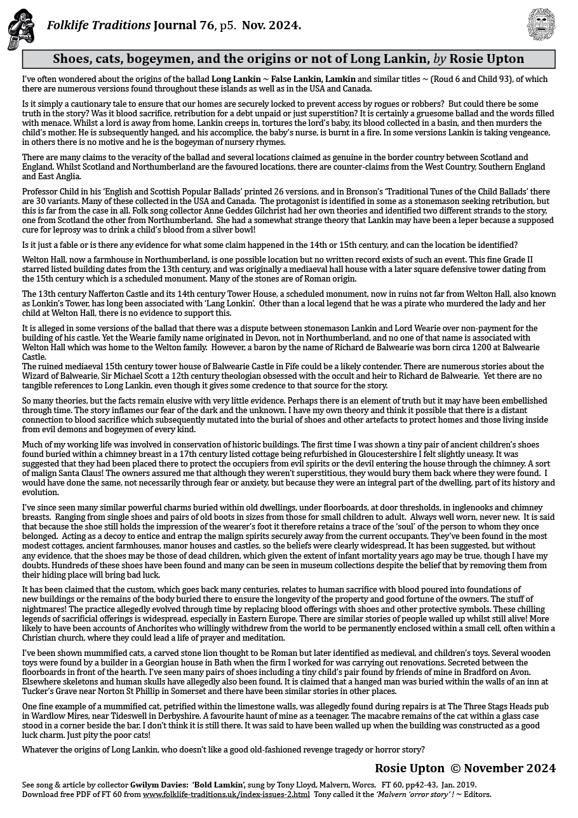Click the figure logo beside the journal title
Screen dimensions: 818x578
click(x=20, y=29)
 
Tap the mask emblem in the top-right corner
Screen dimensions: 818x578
click(x=541, y=24)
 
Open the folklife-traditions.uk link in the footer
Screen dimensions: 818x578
click(x=226, y=794)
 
